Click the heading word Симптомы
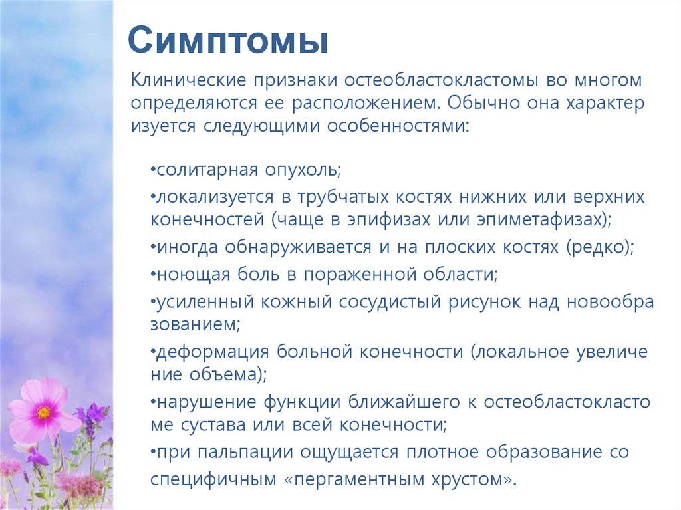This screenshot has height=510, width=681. (x=228, y=41)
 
